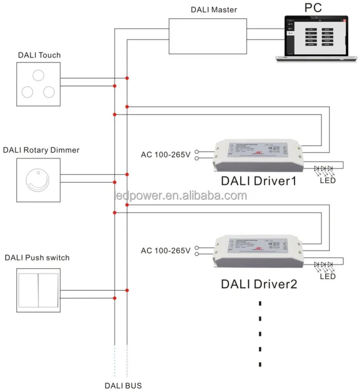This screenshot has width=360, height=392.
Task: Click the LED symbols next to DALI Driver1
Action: (323, 170)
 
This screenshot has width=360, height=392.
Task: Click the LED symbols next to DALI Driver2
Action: (323, 265)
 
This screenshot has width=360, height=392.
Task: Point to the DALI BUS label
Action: (123, 385)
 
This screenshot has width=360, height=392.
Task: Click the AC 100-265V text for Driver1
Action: (166, 155)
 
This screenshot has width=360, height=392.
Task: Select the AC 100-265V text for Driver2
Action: (166, 250)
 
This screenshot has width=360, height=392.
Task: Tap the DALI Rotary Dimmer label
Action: (41, 150)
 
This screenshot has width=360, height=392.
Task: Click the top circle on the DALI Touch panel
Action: (39, 75)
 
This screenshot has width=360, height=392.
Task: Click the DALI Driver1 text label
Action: (258, 182)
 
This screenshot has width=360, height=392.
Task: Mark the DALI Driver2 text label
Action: (258, 284)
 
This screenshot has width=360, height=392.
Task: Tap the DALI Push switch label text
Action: (37, 258)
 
